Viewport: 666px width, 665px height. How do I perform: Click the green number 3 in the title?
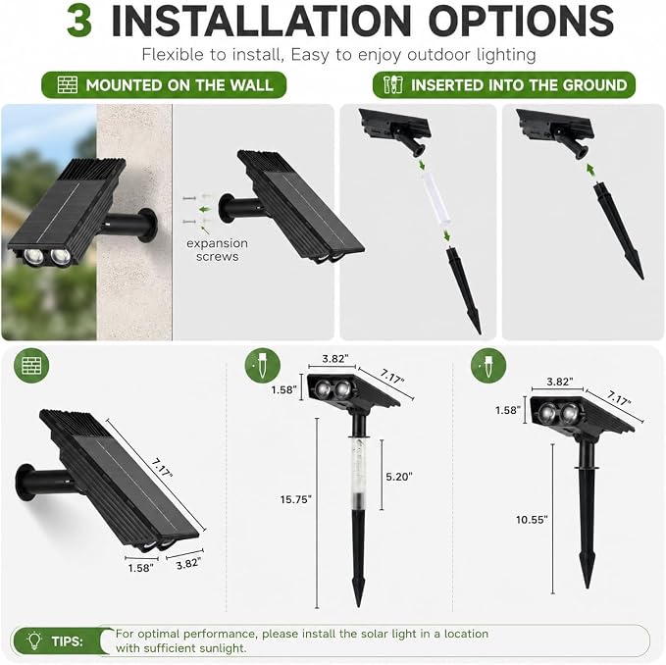tap(79, 22)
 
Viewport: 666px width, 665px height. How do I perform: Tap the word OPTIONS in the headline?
tap(521, 21)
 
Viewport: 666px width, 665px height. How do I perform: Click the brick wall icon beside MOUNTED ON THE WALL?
tap(67, 85)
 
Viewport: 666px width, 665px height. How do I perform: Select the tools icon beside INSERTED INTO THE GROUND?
tap(393, 84)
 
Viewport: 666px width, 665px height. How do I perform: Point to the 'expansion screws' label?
tap(217, 250)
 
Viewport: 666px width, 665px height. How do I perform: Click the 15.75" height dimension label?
tap(295, 499)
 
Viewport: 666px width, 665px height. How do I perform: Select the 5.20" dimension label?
tap(399, 477)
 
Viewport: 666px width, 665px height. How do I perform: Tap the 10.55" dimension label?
tap(532, 519)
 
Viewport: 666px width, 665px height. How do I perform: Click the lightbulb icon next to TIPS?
tap(34, 640)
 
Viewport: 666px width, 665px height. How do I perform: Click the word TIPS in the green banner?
tap(67, 641)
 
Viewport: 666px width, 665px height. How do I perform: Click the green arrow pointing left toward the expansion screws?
tap(205, 209)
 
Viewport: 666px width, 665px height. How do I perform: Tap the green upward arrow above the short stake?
tap(590, 171)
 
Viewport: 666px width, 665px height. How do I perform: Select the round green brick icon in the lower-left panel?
tap(31, 365)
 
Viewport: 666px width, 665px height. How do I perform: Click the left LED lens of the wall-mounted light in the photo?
tap(31, 256)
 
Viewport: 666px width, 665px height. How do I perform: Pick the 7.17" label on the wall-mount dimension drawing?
tap(162, 467)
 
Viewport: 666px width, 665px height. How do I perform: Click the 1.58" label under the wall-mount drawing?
tap(141, 568)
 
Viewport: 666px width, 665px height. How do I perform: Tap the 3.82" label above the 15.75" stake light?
tap(333, 359)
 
